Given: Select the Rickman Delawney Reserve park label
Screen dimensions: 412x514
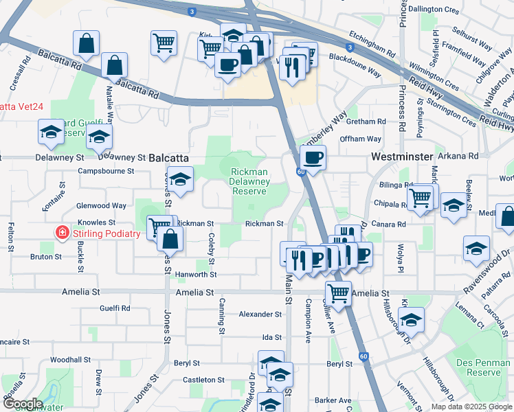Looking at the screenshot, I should point(249,182).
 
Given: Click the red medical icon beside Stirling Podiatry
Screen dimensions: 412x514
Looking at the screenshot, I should point(63,233).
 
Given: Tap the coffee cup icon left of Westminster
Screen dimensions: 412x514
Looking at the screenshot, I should point(313,158).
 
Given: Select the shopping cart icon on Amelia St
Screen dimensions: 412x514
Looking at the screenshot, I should point(338,293).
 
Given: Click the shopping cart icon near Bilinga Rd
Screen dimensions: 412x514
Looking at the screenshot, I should point(420,198).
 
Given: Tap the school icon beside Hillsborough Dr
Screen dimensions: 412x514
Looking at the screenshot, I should point(411,319).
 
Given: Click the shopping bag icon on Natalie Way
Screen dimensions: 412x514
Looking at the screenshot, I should point(114,66).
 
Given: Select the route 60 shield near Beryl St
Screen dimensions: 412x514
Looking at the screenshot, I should point(363,356).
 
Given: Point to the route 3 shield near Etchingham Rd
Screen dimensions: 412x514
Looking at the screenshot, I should point(350,47).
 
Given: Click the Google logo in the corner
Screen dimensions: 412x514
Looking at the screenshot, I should point(22,404).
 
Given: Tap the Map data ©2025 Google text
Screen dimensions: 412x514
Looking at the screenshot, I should point(471,407).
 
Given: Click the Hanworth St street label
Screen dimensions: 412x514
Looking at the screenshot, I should point(197,274).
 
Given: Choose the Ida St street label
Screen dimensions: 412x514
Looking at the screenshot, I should point(272,337).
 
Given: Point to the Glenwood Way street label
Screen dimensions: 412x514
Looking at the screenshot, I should point(101,205).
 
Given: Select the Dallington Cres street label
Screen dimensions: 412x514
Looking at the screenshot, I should point(433,10).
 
